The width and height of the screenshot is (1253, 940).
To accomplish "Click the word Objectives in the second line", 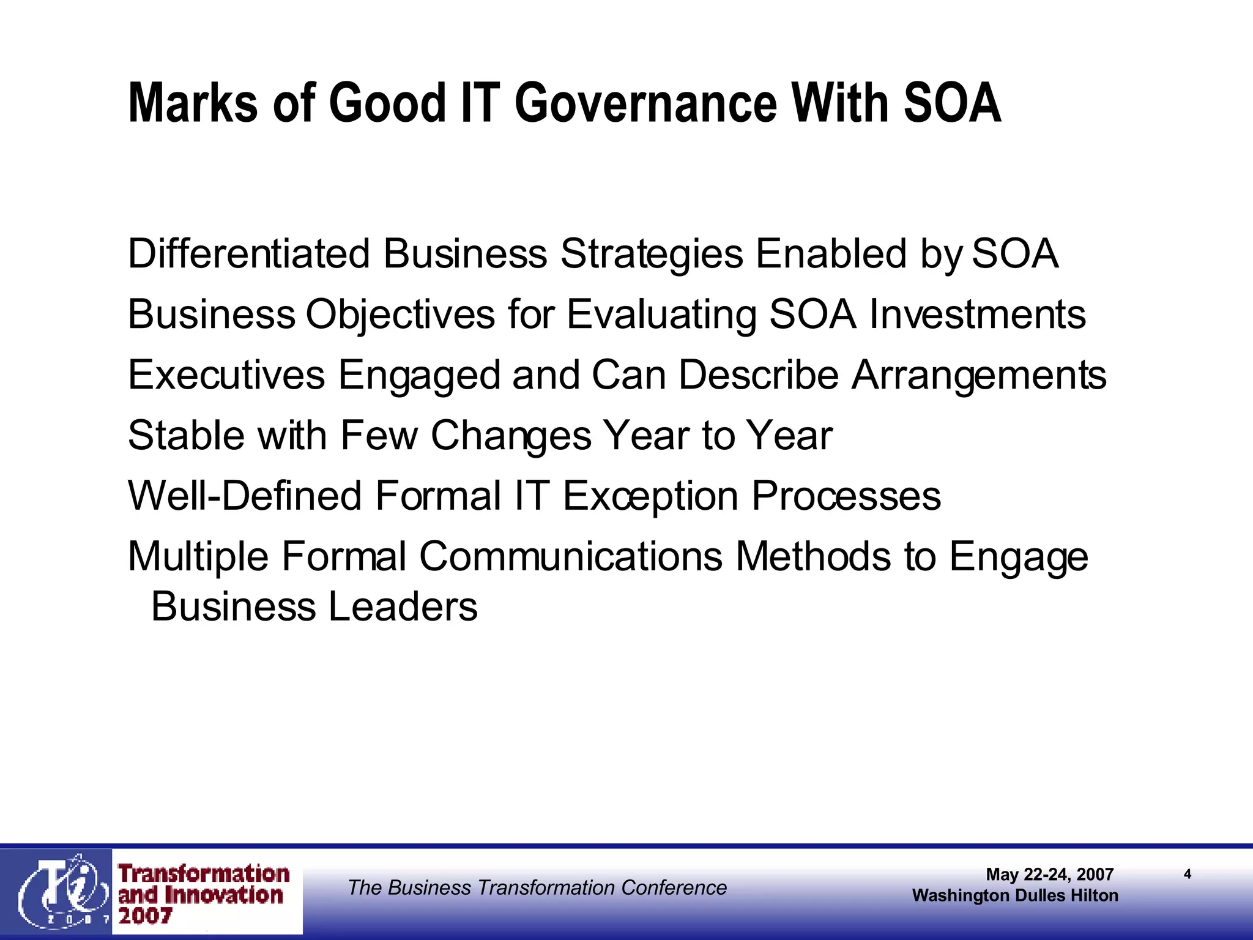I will pyautogui.click(x=400, y=315).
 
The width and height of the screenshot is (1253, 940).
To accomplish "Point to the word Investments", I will pyautogui.click(x=977, y=315).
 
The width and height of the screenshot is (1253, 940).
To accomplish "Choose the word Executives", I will pyautogui.click(x=226, y=375).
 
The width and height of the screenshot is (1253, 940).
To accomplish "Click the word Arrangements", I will pyautogui.click(x=979, y=376).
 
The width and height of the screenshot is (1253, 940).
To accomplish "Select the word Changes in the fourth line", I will pyautogui.click(x=511, y=436).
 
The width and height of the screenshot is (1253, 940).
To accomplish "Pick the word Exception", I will pyautogui.click(x=650, y=496).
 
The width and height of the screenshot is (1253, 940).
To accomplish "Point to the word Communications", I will pyautogui.click(x=570, y=556).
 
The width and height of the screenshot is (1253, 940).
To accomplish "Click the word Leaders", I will pyautogui.click(x=403, y=606).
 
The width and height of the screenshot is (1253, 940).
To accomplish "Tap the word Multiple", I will pyautogui.click(x=198, y=558).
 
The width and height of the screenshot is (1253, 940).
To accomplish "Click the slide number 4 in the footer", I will pyautogui.click(x=1187, y=874).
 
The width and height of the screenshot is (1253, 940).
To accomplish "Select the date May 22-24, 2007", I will pyautogui.click(x=1049, y=875).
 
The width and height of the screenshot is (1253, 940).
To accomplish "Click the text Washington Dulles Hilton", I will pyautogui.click(x=1015, y=895).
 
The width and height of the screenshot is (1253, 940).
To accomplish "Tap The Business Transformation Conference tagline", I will pyautogui.click(x=537, y=887).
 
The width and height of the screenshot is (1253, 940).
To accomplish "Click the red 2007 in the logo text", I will pyautogui.click(x=145, y=916).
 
